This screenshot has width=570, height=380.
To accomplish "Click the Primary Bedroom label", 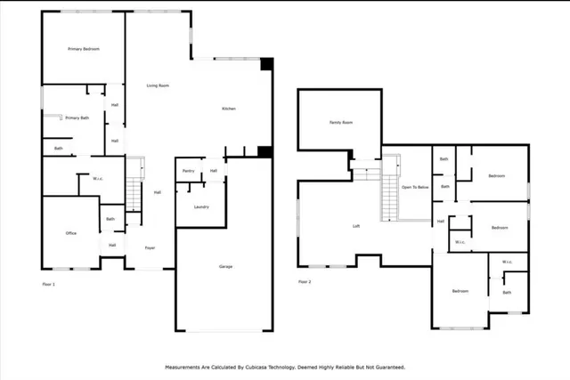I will click(83, 49).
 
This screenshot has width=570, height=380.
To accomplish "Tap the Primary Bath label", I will click(77, 117).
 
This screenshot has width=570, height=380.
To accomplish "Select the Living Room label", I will click(158, 85).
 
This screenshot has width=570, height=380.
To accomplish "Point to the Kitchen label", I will click(229, 109).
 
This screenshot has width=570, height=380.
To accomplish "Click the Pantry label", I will click(188, 170).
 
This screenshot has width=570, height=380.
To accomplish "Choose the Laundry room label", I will click(200, 206).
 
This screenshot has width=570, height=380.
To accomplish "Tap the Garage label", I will click(226, 266).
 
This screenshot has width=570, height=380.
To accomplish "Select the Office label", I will click(70, 233).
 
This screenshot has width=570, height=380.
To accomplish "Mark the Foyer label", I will click(150, 247).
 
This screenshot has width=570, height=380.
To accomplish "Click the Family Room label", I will click(341, 122).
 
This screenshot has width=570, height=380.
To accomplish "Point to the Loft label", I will click(356, 226).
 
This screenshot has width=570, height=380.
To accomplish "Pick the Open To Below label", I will click(416, 188).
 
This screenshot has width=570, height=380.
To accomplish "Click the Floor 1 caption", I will click(48, 283).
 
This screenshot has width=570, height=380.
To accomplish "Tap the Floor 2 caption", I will click(305, 282).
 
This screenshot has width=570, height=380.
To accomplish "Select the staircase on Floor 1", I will click(134, 191).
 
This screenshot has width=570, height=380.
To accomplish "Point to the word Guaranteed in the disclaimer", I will click(389, 367).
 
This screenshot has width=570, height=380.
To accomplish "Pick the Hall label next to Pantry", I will click(214, 170).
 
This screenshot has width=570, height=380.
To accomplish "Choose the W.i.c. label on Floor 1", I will click(98, 178).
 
